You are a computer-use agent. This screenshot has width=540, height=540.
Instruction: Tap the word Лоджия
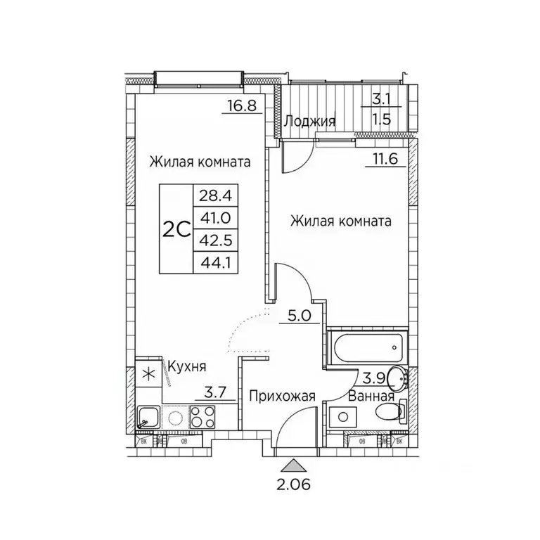(309, 121)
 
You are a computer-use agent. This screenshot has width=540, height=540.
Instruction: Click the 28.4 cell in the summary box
(214, 193)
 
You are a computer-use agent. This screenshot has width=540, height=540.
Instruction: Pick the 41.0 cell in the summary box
(214, 217)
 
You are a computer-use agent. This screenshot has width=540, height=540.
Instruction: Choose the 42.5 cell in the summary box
(214, 240)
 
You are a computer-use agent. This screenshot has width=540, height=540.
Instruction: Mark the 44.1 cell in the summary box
(214, 263)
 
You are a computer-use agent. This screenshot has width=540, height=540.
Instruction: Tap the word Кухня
(186, 366)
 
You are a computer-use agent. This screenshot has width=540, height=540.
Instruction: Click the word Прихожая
(281, 396)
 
